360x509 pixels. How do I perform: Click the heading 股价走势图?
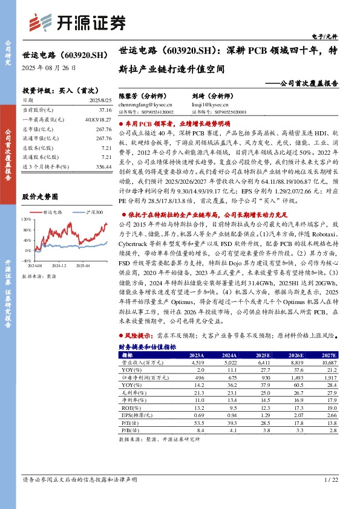click(40, 197)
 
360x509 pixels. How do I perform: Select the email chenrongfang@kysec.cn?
click(143, 103)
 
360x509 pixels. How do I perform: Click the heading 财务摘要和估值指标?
click(148, 346)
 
